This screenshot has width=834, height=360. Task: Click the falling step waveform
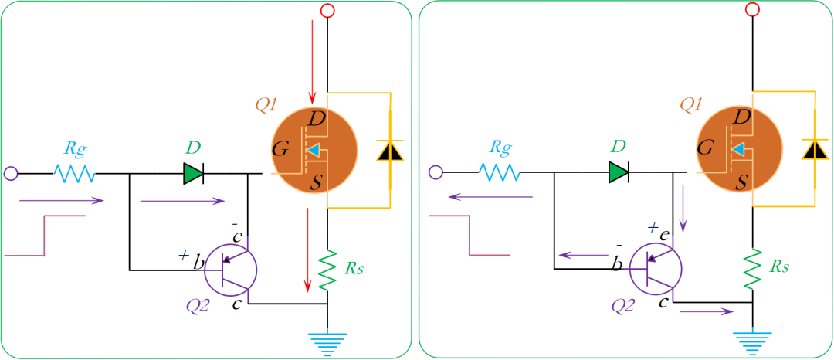470,235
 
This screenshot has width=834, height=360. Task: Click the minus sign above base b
619,245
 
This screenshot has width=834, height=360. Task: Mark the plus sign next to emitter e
653,227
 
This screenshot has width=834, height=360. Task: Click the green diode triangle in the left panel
193,174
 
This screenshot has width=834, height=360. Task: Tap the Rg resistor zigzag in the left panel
74,174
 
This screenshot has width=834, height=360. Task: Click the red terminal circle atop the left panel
327,11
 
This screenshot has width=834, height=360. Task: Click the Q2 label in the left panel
198,305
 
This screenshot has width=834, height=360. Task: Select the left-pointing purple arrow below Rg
490,197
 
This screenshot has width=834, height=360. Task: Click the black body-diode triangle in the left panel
388,151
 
